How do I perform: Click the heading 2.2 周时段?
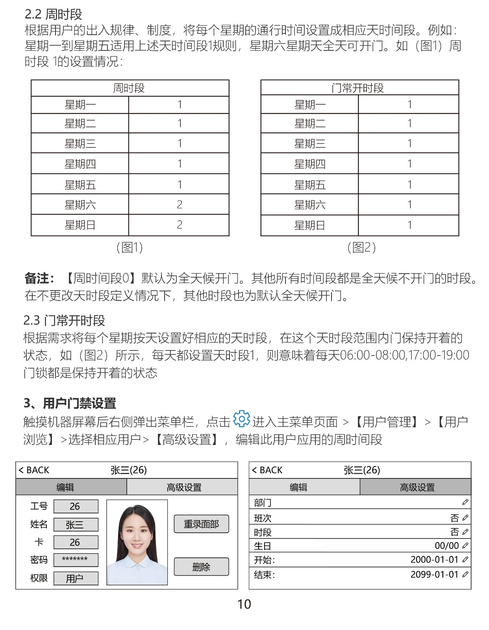[54, 14]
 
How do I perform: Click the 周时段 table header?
[129, 88]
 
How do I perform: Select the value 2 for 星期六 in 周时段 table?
[179, 204]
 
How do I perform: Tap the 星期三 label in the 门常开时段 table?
[309, 143]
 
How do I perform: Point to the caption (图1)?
[130, 247]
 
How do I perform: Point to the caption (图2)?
[361, 247]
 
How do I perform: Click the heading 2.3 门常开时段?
[64, 321]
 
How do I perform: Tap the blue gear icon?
[241, 419]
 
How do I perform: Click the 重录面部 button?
[201, 524]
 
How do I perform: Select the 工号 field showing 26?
[76, 506]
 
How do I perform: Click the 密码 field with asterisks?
[76, 560]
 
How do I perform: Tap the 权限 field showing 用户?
[76, 578]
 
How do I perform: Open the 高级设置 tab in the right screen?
[417, 487]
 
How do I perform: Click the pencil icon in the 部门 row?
[465, 502]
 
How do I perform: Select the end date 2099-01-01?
[434, 574]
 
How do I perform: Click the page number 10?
[244, 604]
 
